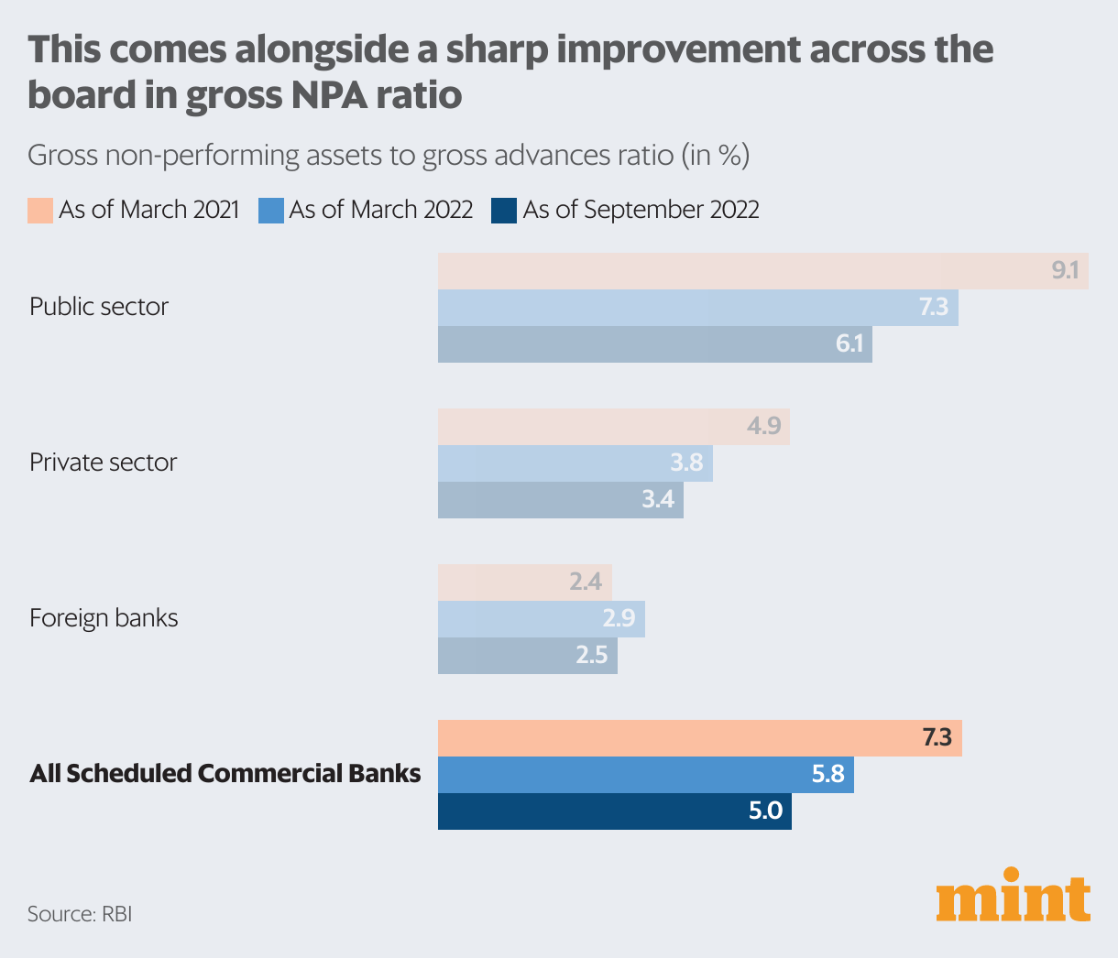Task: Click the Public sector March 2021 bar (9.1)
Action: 762,271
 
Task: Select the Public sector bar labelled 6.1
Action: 654,344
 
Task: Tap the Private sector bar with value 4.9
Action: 613,427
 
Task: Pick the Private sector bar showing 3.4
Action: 560,500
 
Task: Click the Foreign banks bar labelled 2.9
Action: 541,619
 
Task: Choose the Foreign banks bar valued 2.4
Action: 524,582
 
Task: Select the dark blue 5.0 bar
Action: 614,811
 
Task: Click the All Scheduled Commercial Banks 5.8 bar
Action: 645,775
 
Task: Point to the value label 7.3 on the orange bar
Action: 937,737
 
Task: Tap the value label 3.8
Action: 685,463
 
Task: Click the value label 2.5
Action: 591,656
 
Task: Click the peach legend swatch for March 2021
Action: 40,210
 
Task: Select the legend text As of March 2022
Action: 380,210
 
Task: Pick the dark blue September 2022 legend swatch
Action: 504,210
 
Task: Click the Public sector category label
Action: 99,306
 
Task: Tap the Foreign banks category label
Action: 104,618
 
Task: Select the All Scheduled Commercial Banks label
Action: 225,774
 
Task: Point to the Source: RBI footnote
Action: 80,914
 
